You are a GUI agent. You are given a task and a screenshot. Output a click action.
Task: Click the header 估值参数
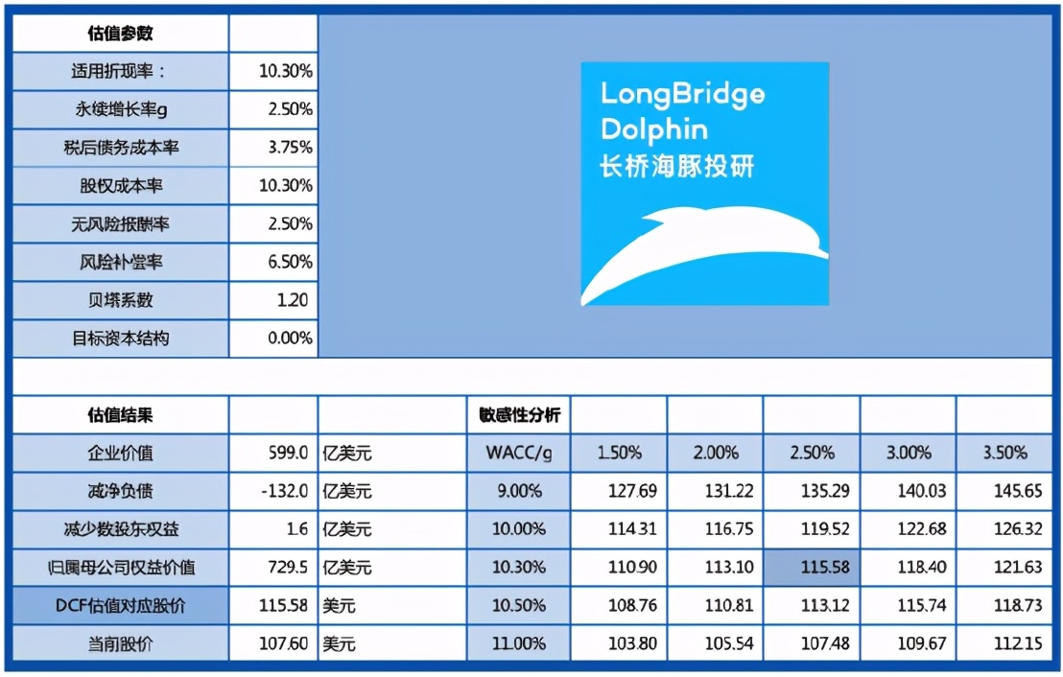pos(120,34)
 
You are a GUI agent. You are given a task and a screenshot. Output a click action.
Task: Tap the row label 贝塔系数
pos(120,300)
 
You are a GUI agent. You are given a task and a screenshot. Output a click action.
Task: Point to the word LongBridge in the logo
pos(682,94)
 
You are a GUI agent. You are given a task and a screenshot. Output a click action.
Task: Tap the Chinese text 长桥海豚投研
pos(677,165)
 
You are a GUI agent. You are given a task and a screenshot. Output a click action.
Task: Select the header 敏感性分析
pos(519,415)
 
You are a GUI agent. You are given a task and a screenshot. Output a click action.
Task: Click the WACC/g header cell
pos(519,453)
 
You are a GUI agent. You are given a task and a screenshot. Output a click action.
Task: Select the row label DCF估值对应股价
pos(120,606)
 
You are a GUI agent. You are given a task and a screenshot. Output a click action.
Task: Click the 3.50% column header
pos(1004,453)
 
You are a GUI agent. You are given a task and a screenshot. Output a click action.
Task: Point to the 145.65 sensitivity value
pos(1018,491)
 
